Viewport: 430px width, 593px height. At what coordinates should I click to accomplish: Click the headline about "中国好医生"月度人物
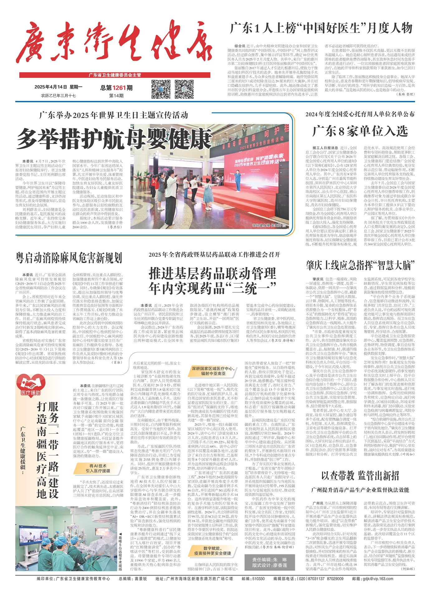coord(321,29)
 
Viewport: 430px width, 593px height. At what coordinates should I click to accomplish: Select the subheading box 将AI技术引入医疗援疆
coord(98,468)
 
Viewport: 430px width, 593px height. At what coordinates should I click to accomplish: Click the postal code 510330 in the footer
coord(258,579)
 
